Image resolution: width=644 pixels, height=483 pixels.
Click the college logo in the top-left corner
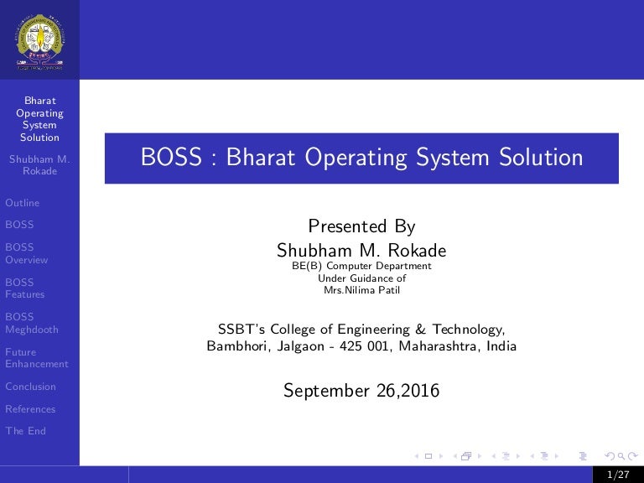pyautogui.click(x=39, y=39)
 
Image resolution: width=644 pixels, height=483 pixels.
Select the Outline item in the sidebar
pyautogui.click(x=22, y=203)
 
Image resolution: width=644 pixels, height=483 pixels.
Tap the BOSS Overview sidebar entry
pyautogui.click(x=26, y=253)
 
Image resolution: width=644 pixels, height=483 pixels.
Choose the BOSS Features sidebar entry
pyautogui.click(x=24, y=288)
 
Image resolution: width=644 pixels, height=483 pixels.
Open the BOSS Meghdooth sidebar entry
pyautogui.click(x=31, y=323)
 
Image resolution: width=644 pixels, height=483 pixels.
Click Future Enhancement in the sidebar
pyautogui.click(x=36, y=358)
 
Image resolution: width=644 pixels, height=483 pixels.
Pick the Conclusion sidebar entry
pyautogui.click(x=30, y=387)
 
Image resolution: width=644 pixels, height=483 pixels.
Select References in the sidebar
pyautogui.click(x=30, y=409)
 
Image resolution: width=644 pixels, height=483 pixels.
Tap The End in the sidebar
pyautogui.click(x=25, y=431)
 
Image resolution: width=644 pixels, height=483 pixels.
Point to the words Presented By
pyautogui.click(x=361, y=226)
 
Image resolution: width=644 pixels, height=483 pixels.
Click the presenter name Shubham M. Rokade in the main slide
pyautogui.click(x=361, y=251)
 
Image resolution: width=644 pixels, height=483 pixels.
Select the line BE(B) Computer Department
pyautogui.click(x=361, y=266)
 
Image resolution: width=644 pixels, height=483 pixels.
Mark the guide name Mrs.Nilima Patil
pyautogui.click(x=361, y=291)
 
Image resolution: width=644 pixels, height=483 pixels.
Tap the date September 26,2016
pyautogui.click(x=361, y=390)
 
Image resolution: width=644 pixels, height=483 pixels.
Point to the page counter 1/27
pyautogui.click(x=621, y=475)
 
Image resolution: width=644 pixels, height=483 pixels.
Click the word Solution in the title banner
pyautogui.click(x=542, y=158)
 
